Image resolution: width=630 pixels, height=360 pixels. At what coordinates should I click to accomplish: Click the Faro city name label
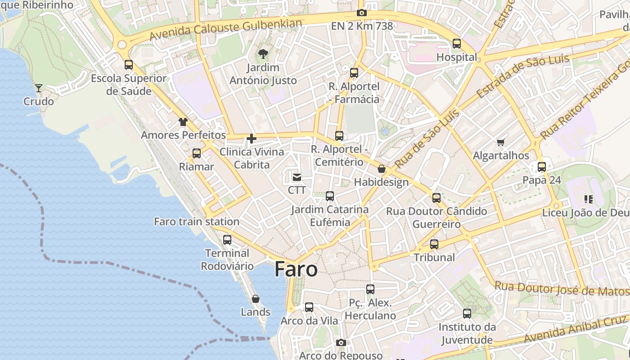pyautogui.click(x=296, y=269)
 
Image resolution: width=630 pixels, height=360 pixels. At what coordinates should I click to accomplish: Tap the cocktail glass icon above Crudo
pyautogui.click(x=39, y=88)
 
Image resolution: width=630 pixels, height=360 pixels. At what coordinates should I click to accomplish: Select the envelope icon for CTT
pyautogui.click(x=297, y=177)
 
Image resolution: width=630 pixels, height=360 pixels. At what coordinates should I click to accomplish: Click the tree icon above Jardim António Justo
pyautogui.click(x=263, y=54)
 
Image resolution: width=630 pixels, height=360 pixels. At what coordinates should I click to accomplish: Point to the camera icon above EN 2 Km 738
pyautogui.click(x=361, y=13)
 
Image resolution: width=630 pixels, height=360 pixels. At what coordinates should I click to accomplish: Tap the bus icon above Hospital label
pyautogui.click(x=457, y=44)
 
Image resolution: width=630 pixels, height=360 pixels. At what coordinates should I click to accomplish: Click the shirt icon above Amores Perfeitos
pyautogui.click(x=183, y=121)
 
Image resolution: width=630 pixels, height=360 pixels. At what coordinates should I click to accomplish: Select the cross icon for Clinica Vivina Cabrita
pyautogui.click(x=252, y=138)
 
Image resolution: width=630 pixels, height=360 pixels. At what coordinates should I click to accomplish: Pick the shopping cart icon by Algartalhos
pyautogui.click(x=500, y=143)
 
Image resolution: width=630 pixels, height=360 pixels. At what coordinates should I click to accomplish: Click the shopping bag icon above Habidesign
pyautogui.click(x=382, y=169)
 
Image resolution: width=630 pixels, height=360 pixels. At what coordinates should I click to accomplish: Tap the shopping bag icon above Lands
pyautogui.click(x=256, y=299)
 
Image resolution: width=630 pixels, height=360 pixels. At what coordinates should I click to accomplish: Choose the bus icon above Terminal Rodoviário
pyautogui.click(x=227, y=239)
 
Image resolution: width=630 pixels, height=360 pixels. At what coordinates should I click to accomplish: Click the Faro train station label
pyautogui.click(x=197, y=221)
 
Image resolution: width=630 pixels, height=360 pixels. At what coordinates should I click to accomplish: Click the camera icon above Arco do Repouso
pyautogui.click(x=341, y=342)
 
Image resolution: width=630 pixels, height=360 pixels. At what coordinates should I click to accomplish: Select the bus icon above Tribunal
pyautogui.click(x=434, y=244)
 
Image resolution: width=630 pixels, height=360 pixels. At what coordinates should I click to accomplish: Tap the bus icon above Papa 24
pyautogui.click(x=542, y=167)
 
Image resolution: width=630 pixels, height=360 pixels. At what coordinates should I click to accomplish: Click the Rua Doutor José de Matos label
pyautogui.click(x=561, y=288)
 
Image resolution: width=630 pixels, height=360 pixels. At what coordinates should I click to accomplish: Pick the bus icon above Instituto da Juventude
pyautogui.click(x=467, y=314)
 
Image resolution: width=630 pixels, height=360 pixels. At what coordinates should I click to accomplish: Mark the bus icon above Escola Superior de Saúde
pyautogui.click(x=129, y=65)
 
